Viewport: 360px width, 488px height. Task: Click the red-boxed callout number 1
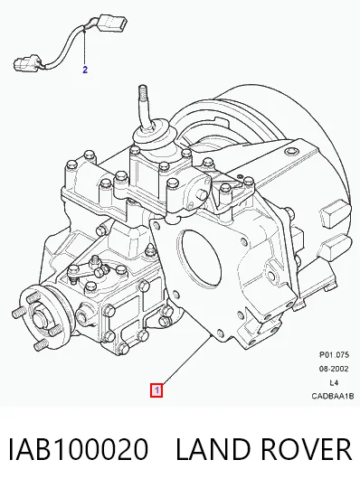click(156, 390)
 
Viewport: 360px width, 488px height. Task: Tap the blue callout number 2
click(85, 70)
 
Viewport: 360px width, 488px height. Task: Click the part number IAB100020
click(78, 449)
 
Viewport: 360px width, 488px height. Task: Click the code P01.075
click(334, 354)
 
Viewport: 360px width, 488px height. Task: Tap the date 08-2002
click(333, 369)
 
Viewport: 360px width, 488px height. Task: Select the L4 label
click(334, 382)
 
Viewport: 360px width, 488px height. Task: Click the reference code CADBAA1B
click(333, 396)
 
